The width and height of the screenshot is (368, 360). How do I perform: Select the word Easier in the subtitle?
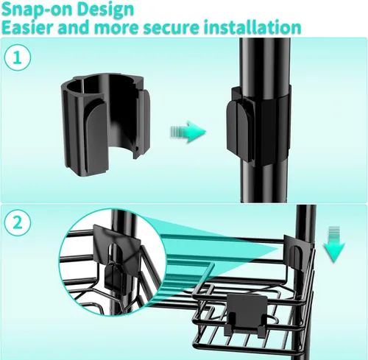point(27,27)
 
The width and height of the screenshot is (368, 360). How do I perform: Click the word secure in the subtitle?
point(171,27)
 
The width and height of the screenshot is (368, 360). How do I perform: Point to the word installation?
point(252,27)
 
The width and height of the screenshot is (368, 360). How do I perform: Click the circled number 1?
point(18,58)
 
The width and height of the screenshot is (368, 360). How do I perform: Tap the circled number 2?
point(18,223)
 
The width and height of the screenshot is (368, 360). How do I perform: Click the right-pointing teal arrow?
point(188,132)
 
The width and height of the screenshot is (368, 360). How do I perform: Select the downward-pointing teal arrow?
point(334,244)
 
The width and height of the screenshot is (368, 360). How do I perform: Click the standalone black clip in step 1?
point(105,124)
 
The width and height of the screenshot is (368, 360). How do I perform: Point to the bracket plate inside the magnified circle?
point(116,244)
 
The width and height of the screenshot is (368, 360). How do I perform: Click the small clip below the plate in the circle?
point(114,275)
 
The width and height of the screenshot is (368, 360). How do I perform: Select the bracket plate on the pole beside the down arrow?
point(298,253)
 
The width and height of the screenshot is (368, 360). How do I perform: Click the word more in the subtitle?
point(116,27)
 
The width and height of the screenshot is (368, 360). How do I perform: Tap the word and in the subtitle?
point(74,27)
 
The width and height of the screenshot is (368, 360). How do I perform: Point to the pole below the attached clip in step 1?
point(264,183)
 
